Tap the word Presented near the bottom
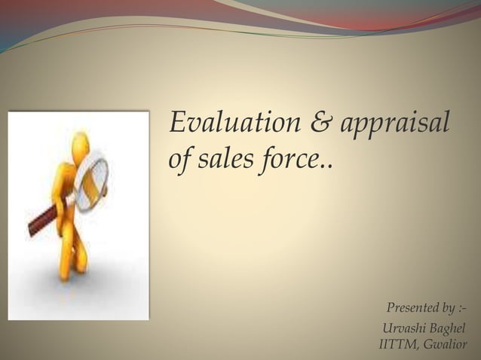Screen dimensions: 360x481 click(411, 308)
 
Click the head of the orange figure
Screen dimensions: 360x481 click(79, 143)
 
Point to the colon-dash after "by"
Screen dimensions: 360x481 click(461, 309)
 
